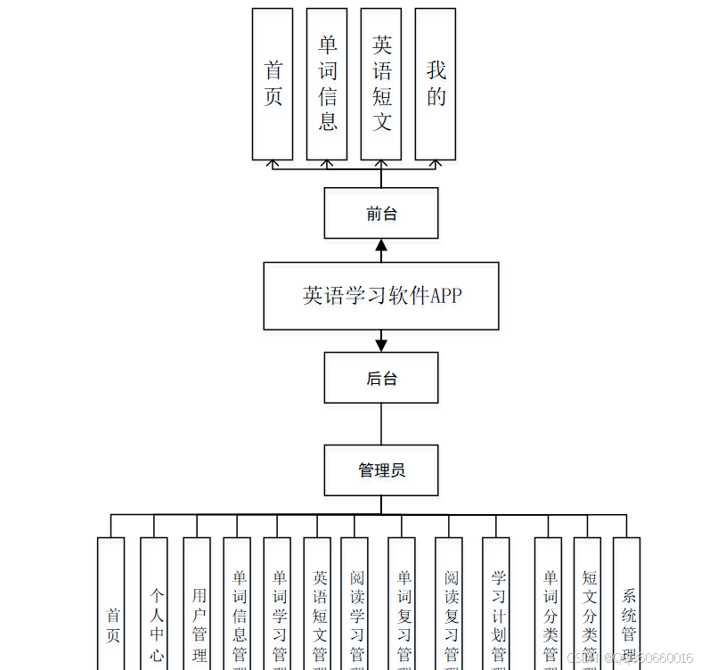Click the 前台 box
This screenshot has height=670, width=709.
[381, 213]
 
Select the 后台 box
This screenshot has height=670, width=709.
[381, 378]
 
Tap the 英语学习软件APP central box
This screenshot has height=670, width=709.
[381, 296]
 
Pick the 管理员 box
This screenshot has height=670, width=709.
[381, 470]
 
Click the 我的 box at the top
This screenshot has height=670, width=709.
[436, 84]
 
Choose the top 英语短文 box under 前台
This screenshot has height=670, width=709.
[381, 84]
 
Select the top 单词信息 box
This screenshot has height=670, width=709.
[327, 84]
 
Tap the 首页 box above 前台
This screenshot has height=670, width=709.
[273, 84]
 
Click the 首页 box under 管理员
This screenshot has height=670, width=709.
[111, 615]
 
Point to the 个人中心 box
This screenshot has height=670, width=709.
[154, 615]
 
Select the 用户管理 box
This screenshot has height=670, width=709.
[197, 615]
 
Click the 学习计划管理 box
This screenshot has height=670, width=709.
[496, 615]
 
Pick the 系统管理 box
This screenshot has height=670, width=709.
[627, 615]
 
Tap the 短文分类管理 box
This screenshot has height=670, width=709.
[588, 615]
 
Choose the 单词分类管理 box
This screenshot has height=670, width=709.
[549, 615]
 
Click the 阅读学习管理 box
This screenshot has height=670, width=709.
[354, 615]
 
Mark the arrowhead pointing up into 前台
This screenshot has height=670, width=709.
[381, 246]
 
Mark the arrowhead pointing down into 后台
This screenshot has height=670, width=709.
[381, 345]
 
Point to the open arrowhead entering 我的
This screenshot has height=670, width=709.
[436, 164]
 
